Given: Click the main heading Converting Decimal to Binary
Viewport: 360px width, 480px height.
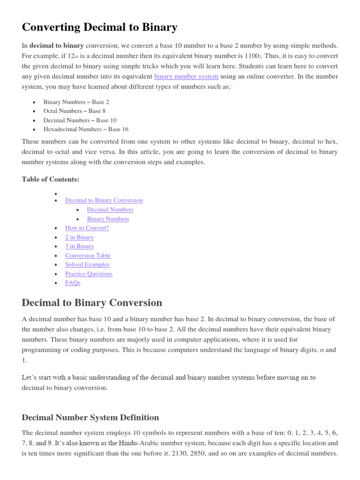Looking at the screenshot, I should tap(99, 28).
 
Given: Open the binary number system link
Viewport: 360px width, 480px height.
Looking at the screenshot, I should tap(186, 76).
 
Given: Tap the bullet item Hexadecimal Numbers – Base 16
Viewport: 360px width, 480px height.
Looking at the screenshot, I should tap(86, 129).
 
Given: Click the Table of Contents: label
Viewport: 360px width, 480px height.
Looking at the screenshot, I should tap(51, 179).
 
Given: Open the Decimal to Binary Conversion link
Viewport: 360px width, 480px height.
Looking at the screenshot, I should tap(104, 200).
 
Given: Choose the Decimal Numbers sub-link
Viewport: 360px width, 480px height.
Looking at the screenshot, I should tap(110, 210).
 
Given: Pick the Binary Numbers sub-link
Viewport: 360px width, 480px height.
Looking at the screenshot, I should tap(108, 219).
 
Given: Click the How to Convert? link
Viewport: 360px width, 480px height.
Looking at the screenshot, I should tap(87, 228).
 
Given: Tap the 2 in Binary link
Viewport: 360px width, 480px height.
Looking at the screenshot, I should tap(79, 237).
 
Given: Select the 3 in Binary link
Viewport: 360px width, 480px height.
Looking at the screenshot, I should tap(79, 246).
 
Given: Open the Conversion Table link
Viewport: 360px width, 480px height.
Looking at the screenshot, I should tap(88, 255).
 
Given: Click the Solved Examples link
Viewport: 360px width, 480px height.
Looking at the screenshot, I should tap(87, 264).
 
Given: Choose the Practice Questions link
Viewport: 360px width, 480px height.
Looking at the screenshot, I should tap(89, 274).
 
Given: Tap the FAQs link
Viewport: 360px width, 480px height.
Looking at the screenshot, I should tap(73, 283).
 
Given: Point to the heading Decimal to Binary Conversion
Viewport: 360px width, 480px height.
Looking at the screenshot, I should tap(92, 303).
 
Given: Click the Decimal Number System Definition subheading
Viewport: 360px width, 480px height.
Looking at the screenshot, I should tap(90, 418).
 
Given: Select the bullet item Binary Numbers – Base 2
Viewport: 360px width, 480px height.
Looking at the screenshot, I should tap(76, 102).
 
